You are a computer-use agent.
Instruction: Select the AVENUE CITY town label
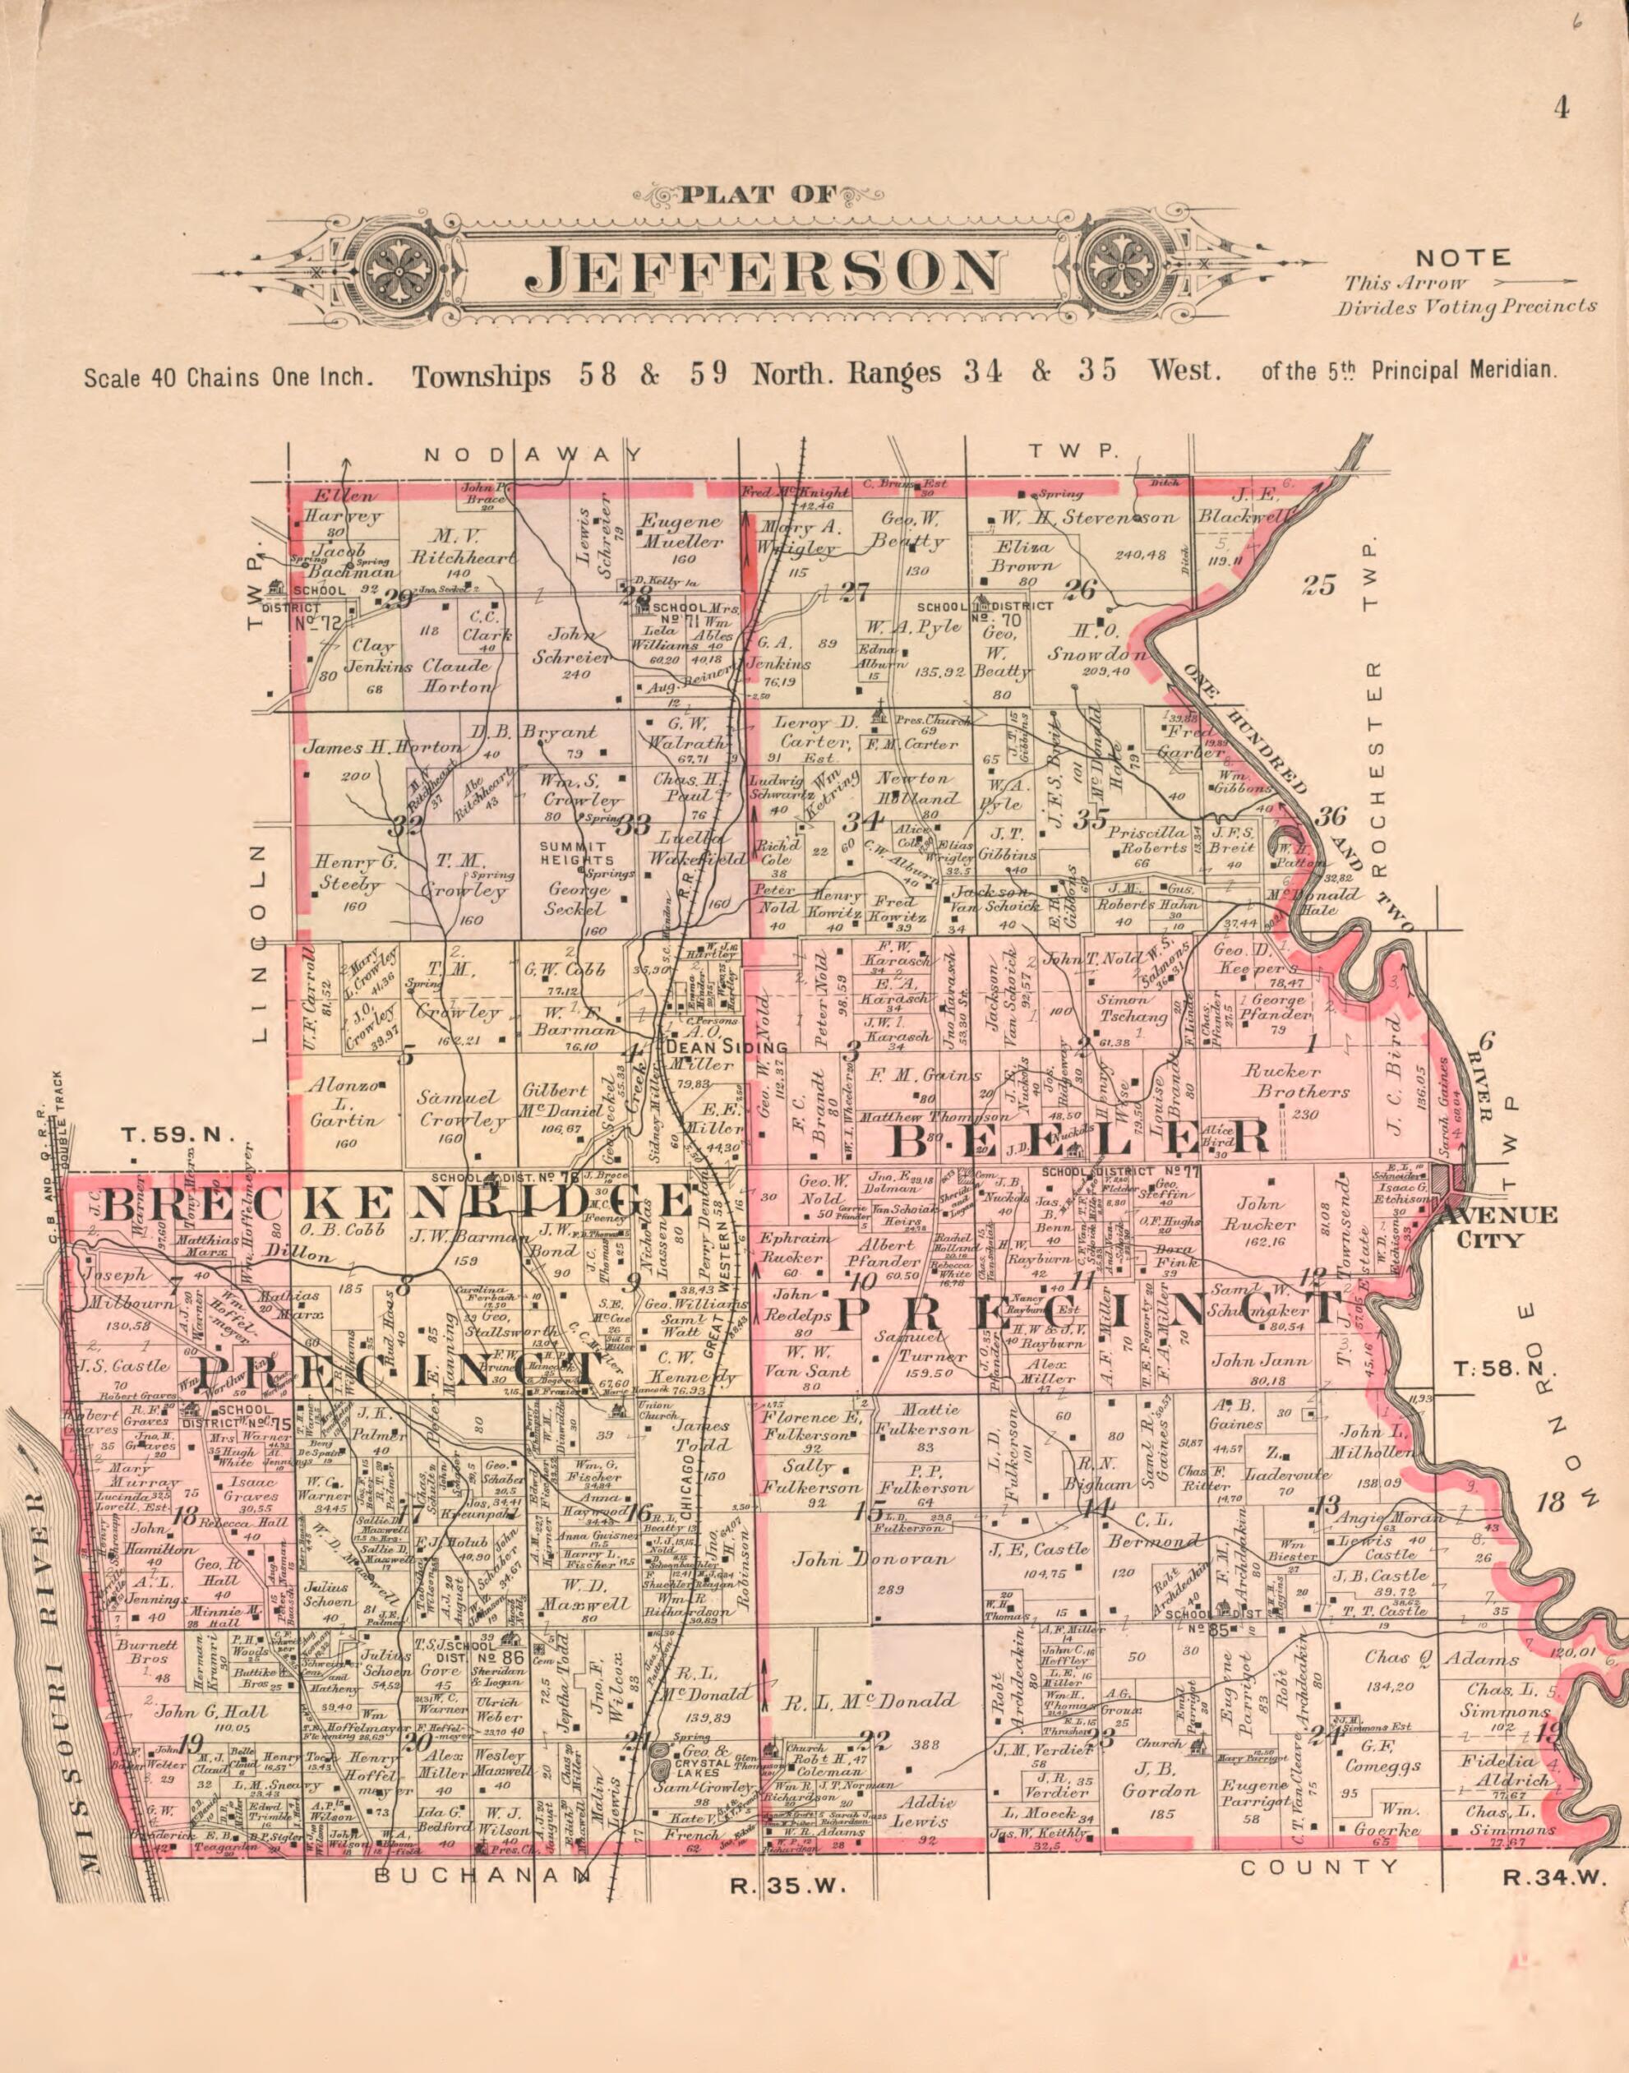(x=1497, y=1228)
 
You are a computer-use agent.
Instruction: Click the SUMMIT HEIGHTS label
(x=572, y=854)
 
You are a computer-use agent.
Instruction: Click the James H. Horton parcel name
(x=381, y=748)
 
